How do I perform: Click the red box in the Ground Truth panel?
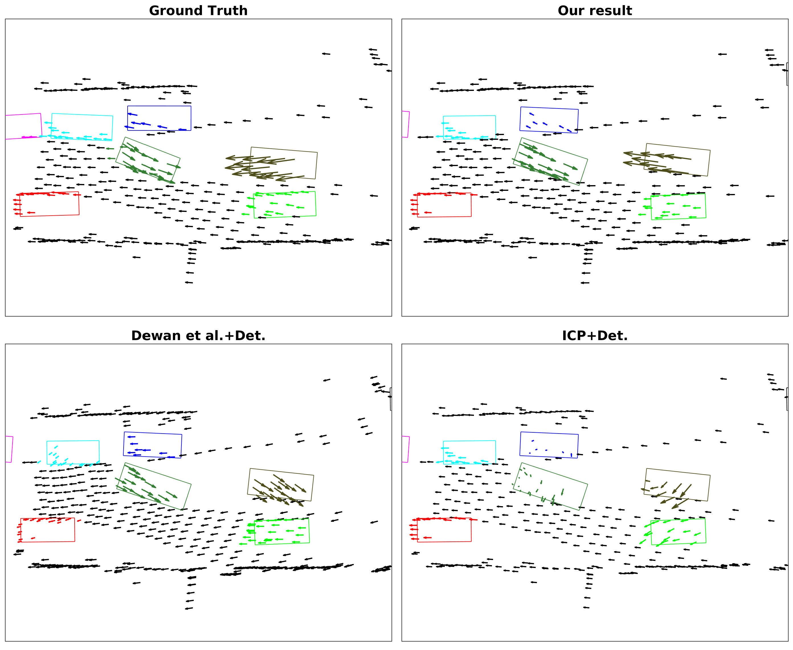click(50, 204)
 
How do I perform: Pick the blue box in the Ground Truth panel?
click(159, 118)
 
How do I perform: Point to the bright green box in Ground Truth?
click(285, 205)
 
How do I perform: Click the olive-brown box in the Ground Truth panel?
click(283, 163)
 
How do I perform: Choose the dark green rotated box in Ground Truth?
click(148, 161)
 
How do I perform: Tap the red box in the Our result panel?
click(444, 205)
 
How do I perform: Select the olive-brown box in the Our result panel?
click(677, 160)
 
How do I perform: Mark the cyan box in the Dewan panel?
click(73, 452)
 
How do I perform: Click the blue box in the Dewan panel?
click(152, 445)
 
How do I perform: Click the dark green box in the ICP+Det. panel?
click(550, 486)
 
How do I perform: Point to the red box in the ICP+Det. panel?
click(444, 530)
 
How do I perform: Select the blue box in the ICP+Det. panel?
click(549, 445)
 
